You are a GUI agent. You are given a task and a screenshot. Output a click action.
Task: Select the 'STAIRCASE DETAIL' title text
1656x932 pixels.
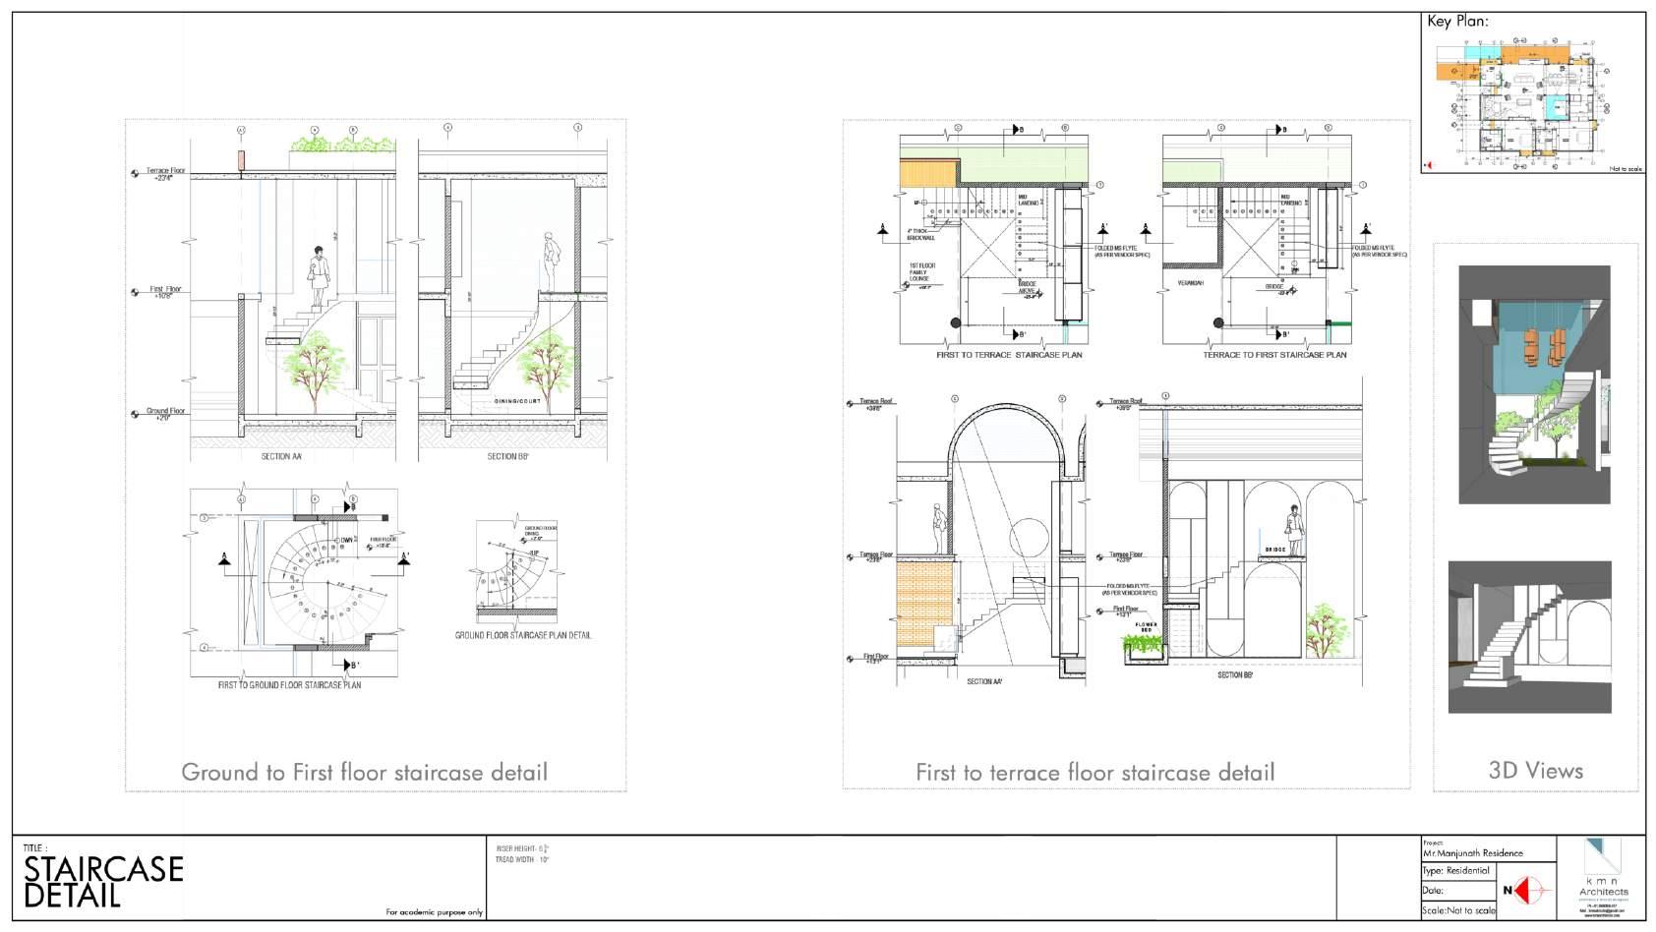103,882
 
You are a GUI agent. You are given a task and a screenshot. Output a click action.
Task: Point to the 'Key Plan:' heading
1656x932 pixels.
1457,22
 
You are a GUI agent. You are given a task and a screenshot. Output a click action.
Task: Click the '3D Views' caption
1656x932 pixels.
1535,771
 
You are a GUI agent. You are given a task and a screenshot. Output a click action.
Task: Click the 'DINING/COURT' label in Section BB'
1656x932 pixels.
511,402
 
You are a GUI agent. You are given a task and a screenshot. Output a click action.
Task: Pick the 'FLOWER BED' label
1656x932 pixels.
1147,626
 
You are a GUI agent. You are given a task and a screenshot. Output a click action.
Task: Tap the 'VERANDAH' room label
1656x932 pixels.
1191,283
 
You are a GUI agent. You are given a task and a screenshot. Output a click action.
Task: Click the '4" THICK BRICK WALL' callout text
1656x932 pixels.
921,234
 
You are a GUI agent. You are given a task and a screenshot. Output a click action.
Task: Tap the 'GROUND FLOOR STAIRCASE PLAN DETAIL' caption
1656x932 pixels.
523,635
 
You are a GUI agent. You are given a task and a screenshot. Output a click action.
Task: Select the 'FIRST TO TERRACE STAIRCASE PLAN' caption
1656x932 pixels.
1009,355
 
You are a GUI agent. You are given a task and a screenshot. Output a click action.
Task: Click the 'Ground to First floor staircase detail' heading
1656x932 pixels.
364,773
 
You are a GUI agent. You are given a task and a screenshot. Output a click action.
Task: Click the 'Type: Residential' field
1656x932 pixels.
1457,871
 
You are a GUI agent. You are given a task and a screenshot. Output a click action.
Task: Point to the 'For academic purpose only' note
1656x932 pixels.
434,913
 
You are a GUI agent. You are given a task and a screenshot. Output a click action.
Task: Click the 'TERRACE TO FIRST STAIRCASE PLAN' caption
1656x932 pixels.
1274,355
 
